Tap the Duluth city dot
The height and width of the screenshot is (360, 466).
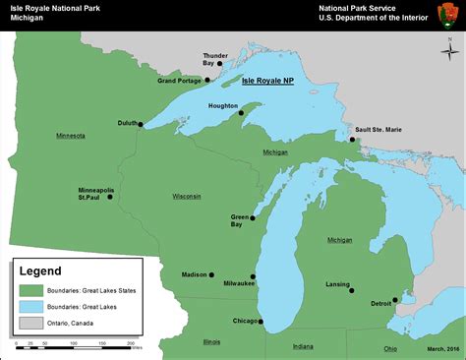coord(141,124)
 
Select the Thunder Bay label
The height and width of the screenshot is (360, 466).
coord(214,60)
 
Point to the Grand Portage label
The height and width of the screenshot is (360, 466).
coord(181,81)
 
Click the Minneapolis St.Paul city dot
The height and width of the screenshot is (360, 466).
coord(110,197)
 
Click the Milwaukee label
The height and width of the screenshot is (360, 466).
coord(239,282)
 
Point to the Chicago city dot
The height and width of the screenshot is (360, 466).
coord(260,321)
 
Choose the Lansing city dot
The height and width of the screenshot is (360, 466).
coord(352,289)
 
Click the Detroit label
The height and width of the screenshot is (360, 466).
coord(381,304)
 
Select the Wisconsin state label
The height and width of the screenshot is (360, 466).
coord(187,196)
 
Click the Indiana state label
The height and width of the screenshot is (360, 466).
coord(303,346)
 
